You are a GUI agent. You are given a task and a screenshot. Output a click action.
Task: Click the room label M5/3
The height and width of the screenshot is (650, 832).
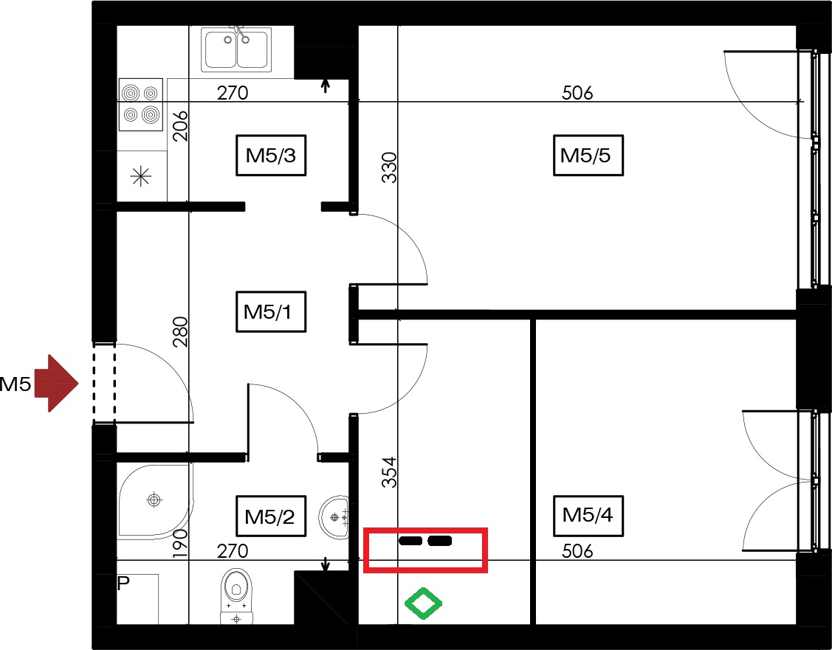(x=271, y=156)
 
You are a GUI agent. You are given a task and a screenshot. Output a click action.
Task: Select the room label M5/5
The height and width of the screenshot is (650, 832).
(x=588, y=156)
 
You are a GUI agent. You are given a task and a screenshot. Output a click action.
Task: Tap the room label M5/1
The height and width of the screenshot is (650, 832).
(x=271, y=312)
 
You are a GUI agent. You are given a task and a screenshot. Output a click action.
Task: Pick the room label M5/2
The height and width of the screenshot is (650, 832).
(x=271, y=516)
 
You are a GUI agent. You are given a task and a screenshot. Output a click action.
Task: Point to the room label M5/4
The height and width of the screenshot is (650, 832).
(x=588, y=516)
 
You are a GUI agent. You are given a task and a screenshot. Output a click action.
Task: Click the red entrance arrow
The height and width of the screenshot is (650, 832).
(x=56, y=383)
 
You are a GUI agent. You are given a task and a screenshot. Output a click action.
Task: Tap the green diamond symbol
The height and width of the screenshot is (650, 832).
(x=423, y=604)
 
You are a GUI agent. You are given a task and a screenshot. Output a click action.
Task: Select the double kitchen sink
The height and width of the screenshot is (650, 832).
(x=236, y=49)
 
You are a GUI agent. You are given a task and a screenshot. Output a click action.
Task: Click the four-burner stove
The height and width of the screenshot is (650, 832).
(x=140, y=105)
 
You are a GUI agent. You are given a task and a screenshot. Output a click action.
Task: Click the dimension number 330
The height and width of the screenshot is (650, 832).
(x=389, y=167)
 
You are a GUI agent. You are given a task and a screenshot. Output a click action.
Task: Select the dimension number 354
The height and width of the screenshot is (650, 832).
(x=389, y=472)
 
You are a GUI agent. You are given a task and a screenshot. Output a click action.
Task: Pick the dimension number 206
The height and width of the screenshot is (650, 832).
(x=180, y=125)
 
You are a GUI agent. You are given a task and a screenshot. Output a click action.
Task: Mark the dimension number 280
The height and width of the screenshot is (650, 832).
(x=180, y=331)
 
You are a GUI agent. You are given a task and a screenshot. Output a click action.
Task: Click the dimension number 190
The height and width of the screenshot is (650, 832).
(x=180, y=544)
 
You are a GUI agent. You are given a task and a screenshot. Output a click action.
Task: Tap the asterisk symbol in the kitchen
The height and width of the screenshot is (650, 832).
(x=140, y=176)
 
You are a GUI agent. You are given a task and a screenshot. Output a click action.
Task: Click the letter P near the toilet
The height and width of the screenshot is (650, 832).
(x=123, y=584)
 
